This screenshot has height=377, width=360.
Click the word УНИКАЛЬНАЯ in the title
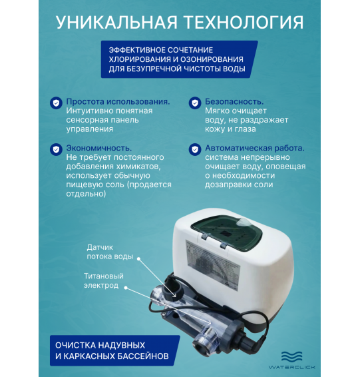tap(115, 21)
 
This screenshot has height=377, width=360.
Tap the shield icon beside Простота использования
tap(55, 103)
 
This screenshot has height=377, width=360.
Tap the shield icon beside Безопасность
tap(194, 103)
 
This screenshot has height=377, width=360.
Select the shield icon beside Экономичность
tap(55, 149)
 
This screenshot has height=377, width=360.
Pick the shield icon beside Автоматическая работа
tap(194, 149)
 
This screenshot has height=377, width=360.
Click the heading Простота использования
tap(118, 103)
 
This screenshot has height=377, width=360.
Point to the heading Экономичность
tap(98, 148)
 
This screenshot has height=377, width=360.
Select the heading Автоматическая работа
tap(255, 148)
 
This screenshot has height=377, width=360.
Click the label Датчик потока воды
tap(110, 251)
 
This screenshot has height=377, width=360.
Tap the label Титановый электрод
tap(103, 280)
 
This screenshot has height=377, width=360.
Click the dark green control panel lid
tap(236, 232)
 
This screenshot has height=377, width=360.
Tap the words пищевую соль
tap(96, 185)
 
